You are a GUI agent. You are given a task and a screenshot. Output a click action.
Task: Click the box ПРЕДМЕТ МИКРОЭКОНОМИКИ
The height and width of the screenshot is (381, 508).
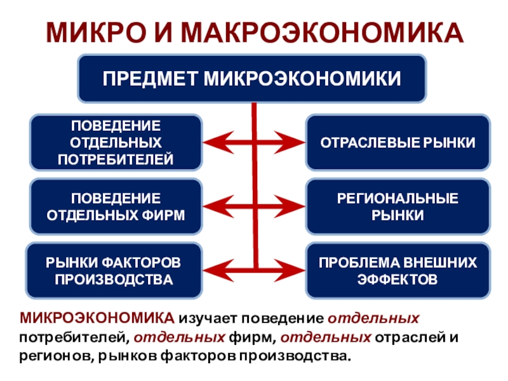click(252, 78)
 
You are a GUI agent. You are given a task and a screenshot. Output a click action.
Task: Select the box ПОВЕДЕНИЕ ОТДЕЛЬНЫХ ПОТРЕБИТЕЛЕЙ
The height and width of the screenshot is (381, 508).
click(116, 142)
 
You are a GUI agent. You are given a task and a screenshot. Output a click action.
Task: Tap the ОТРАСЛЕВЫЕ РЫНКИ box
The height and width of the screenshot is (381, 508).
click(398, 142)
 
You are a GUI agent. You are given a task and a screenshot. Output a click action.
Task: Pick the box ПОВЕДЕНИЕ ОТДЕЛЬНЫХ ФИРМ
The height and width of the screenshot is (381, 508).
click(116, 206)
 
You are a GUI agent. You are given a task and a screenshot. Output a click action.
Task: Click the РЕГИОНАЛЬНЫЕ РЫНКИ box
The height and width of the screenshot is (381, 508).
click(398, 206)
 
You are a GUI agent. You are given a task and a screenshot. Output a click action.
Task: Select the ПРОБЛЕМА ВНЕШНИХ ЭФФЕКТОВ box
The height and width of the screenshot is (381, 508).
click(398, 271)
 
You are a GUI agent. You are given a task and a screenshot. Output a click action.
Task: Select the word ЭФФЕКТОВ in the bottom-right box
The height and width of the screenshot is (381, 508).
click(398, 279)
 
